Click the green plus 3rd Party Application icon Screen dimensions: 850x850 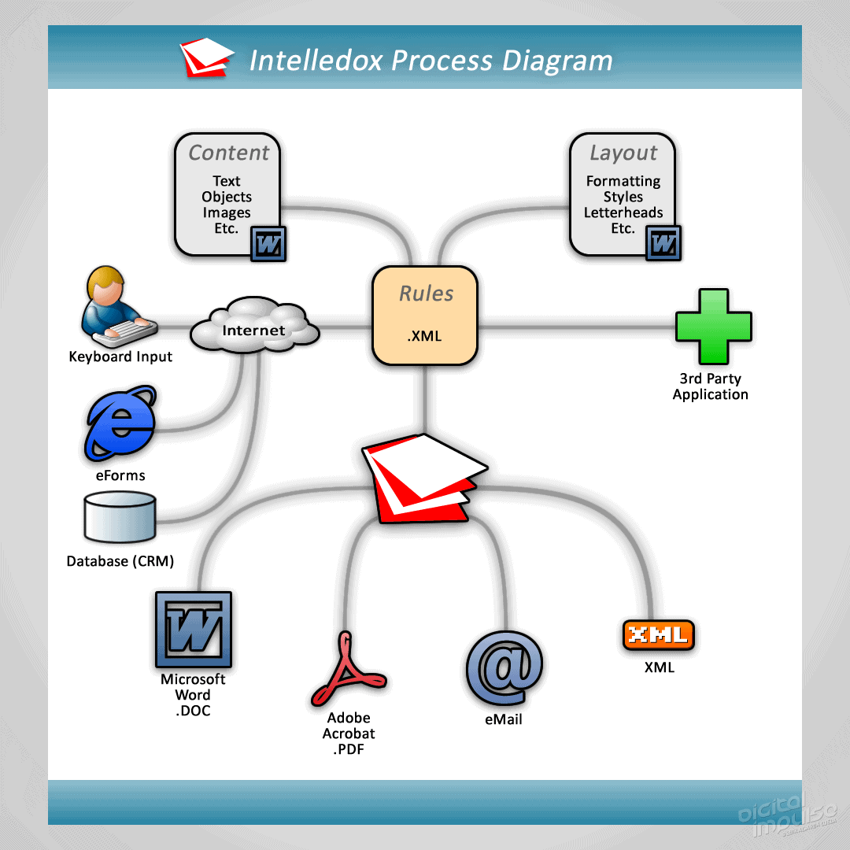(713, 327)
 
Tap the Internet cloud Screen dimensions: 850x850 (254, 328)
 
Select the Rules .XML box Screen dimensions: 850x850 (425, 316)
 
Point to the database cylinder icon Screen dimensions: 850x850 (120, 516)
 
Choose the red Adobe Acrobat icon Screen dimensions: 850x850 (347, 670)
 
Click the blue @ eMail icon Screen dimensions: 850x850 (504, 669)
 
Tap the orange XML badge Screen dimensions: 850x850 (658, 634)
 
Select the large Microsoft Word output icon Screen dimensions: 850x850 (193, 630)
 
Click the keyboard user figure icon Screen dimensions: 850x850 (116, 308)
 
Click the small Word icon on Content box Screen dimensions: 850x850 (268, 245)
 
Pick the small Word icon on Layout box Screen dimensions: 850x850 (663, 243)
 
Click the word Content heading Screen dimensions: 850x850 (229, 153)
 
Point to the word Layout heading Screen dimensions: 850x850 (623, 153)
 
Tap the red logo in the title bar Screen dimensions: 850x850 (206, 58)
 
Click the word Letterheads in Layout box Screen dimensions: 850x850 (623, 213)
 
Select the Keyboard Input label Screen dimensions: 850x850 (120, 357)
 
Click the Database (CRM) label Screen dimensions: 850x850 (120, 561)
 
